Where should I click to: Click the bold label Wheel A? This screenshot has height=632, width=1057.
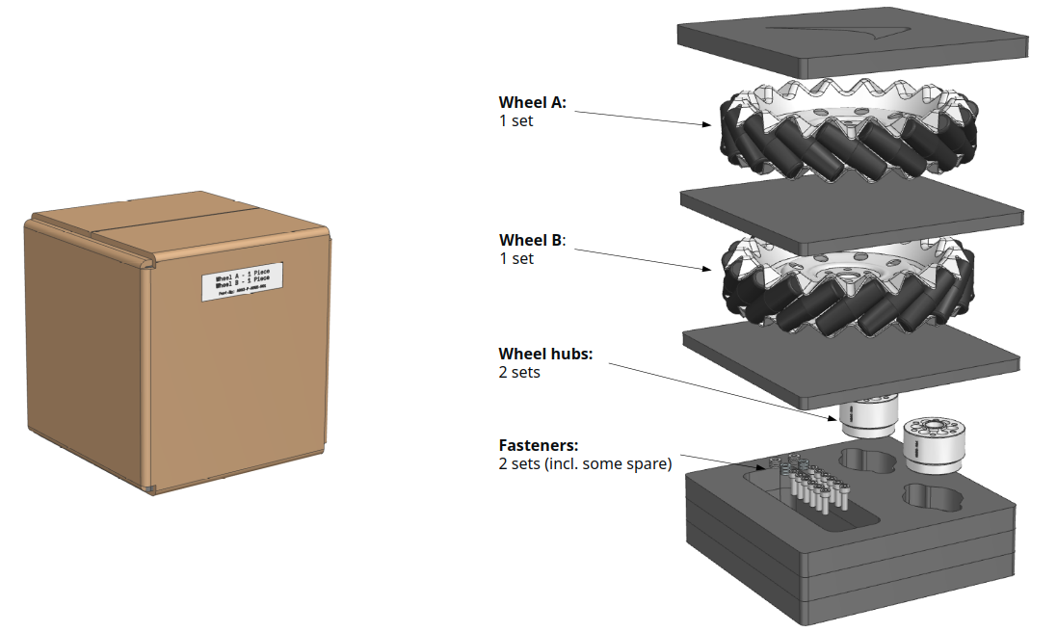click(532, 102)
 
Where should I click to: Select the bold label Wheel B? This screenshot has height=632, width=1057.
click(532, 240)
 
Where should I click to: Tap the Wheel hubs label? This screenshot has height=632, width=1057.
click(545, 354)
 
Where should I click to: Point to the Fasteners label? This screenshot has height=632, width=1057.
click(538, 445)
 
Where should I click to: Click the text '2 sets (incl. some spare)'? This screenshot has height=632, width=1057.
click(584, 463)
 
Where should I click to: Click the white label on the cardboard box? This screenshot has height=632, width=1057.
click(243, 280)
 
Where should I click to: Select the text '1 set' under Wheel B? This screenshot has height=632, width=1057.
click(515, 258)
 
